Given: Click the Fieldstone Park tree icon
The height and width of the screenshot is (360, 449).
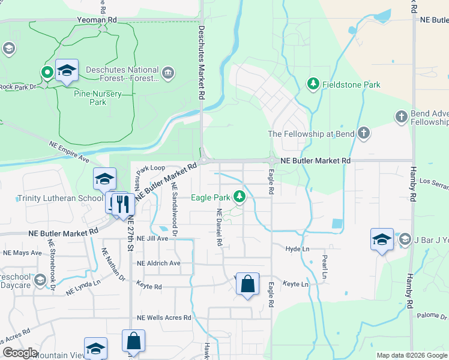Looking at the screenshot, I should click(312, 85).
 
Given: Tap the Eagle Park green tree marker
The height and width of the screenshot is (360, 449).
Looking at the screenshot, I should click(240, 197).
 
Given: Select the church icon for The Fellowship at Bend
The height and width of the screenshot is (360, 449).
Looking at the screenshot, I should click(363, 134).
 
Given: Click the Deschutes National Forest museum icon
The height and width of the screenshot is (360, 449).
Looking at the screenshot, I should click(167, 74).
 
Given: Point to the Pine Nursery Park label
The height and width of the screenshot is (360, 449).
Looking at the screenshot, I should click(98, 98).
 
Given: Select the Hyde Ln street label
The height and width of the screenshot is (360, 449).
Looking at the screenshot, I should click(297, 248).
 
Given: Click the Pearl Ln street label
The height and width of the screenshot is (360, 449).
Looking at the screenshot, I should click(324, 266).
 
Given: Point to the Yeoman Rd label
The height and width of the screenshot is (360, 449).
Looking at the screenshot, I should click(97, 20).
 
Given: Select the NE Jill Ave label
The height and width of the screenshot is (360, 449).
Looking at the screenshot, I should click(152, 238).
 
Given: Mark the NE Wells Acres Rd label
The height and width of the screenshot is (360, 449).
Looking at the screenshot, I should click(164, 317).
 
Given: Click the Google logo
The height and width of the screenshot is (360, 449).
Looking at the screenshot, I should click(20, 353).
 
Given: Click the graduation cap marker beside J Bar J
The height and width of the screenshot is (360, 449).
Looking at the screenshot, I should click(382, 239).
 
